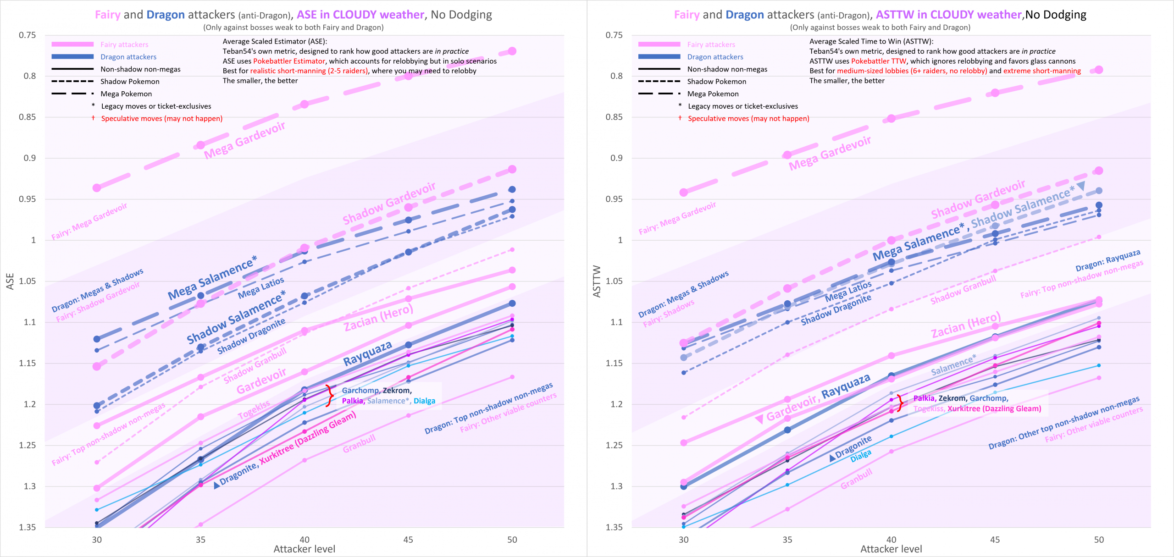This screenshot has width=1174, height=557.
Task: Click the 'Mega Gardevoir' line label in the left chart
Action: coord(244,141)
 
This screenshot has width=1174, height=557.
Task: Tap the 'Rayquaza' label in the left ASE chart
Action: coord(367,353)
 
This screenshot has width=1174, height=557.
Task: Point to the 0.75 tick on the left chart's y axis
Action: coord(27,35)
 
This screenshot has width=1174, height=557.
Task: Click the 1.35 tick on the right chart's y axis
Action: coord(614,527)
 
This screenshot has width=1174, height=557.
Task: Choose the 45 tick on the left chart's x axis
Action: coord(408,540)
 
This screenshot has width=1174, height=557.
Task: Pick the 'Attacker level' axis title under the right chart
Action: coord(891,549)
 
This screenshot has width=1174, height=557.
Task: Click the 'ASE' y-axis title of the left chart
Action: coord(10,281)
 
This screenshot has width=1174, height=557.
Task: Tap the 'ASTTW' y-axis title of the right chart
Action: coord(597,281)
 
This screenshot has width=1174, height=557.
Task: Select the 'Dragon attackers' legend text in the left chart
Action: coord(128,57)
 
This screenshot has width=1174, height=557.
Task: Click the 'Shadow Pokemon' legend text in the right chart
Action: coord(717,82)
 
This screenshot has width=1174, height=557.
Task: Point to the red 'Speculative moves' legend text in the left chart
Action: coord(161,119)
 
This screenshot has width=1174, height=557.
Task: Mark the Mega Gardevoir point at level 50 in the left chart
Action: coord(512,51)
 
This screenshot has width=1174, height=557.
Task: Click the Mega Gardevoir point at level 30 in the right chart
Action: coord(684,192)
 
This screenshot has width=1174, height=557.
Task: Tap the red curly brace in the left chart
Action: coord(329,396)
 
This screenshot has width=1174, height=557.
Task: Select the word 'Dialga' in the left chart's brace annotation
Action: coord(424,401)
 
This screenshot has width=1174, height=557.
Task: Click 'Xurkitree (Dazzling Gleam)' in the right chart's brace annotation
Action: coord(994,409)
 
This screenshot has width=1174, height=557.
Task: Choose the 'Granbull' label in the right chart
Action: coord(856,480)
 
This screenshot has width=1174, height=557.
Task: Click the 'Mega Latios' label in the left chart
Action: coord(261,288)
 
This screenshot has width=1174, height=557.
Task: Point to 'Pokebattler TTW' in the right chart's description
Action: coord(879,61)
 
